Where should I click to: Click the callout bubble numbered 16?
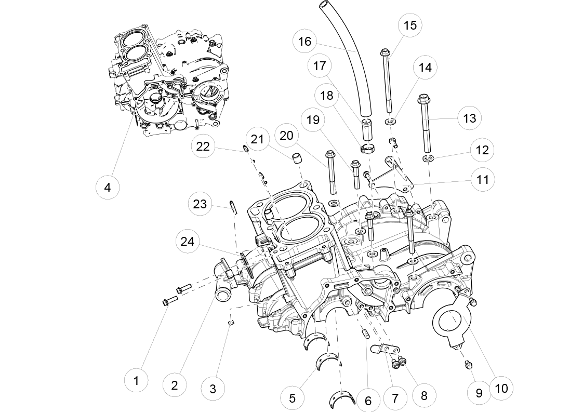click(x=305, y=41)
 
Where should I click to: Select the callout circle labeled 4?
click(x=108, y=187)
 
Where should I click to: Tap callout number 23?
click(x=200, y=204)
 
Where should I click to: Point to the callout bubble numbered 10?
click(x=501, y=388)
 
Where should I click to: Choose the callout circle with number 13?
click(x=469, y=118)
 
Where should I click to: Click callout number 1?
click(x=136, y=381)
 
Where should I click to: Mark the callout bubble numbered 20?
click(x=286, y=136)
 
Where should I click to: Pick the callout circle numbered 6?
click(x=368, y=401)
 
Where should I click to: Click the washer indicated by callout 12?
click(x=429, y=157)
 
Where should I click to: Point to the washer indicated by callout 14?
click(x=389, y=122)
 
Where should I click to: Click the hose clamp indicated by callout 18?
click(x=367, y=150)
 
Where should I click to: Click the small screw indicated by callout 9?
click(x=468, y=365)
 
